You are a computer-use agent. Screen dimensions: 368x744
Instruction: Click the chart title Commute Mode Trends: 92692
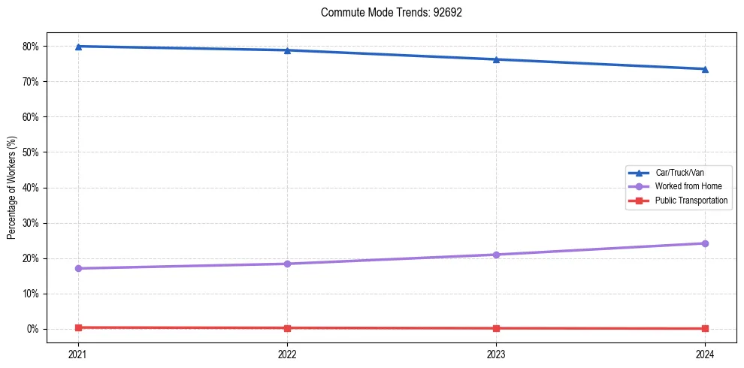(386, 13)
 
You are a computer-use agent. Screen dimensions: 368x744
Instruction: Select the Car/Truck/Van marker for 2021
(78, 47)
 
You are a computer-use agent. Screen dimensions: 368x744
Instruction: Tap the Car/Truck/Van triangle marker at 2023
(496, 59)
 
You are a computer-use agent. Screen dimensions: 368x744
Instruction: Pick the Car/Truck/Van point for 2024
(705, 69)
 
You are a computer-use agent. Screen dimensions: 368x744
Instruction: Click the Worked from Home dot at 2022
(287, 264)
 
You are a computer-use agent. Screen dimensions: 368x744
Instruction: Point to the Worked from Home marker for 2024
(705, 243)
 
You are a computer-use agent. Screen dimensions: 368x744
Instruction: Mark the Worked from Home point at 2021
(78, 268)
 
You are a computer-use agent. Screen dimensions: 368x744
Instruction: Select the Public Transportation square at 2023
(496, 328)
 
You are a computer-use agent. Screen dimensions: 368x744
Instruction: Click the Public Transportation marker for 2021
(78, 327)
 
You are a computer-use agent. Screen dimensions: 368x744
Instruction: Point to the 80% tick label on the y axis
(30, 47)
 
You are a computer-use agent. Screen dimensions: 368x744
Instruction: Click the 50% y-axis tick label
(30, 152)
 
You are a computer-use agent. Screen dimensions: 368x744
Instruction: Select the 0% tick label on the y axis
(32, 329)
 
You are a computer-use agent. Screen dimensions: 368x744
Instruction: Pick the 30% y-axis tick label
(30, 223)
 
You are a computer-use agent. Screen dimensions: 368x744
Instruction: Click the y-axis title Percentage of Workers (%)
(11, 188)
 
